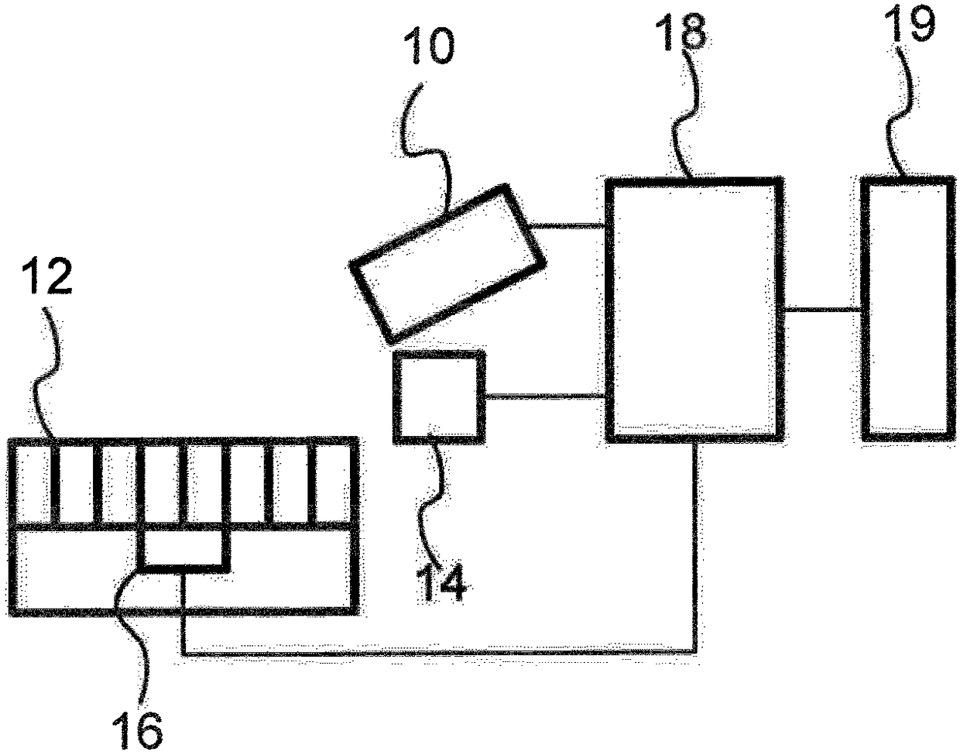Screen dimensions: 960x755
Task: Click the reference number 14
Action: (x=442, y=582)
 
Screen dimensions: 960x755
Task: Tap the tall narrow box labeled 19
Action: (x=907, y=308)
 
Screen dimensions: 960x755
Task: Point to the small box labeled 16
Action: (x=183, y=548)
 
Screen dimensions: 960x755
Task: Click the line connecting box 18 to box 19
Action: (x=821, y=310)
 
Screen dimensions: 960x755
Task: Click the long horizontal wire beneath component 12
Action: (x=434, y=654)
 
